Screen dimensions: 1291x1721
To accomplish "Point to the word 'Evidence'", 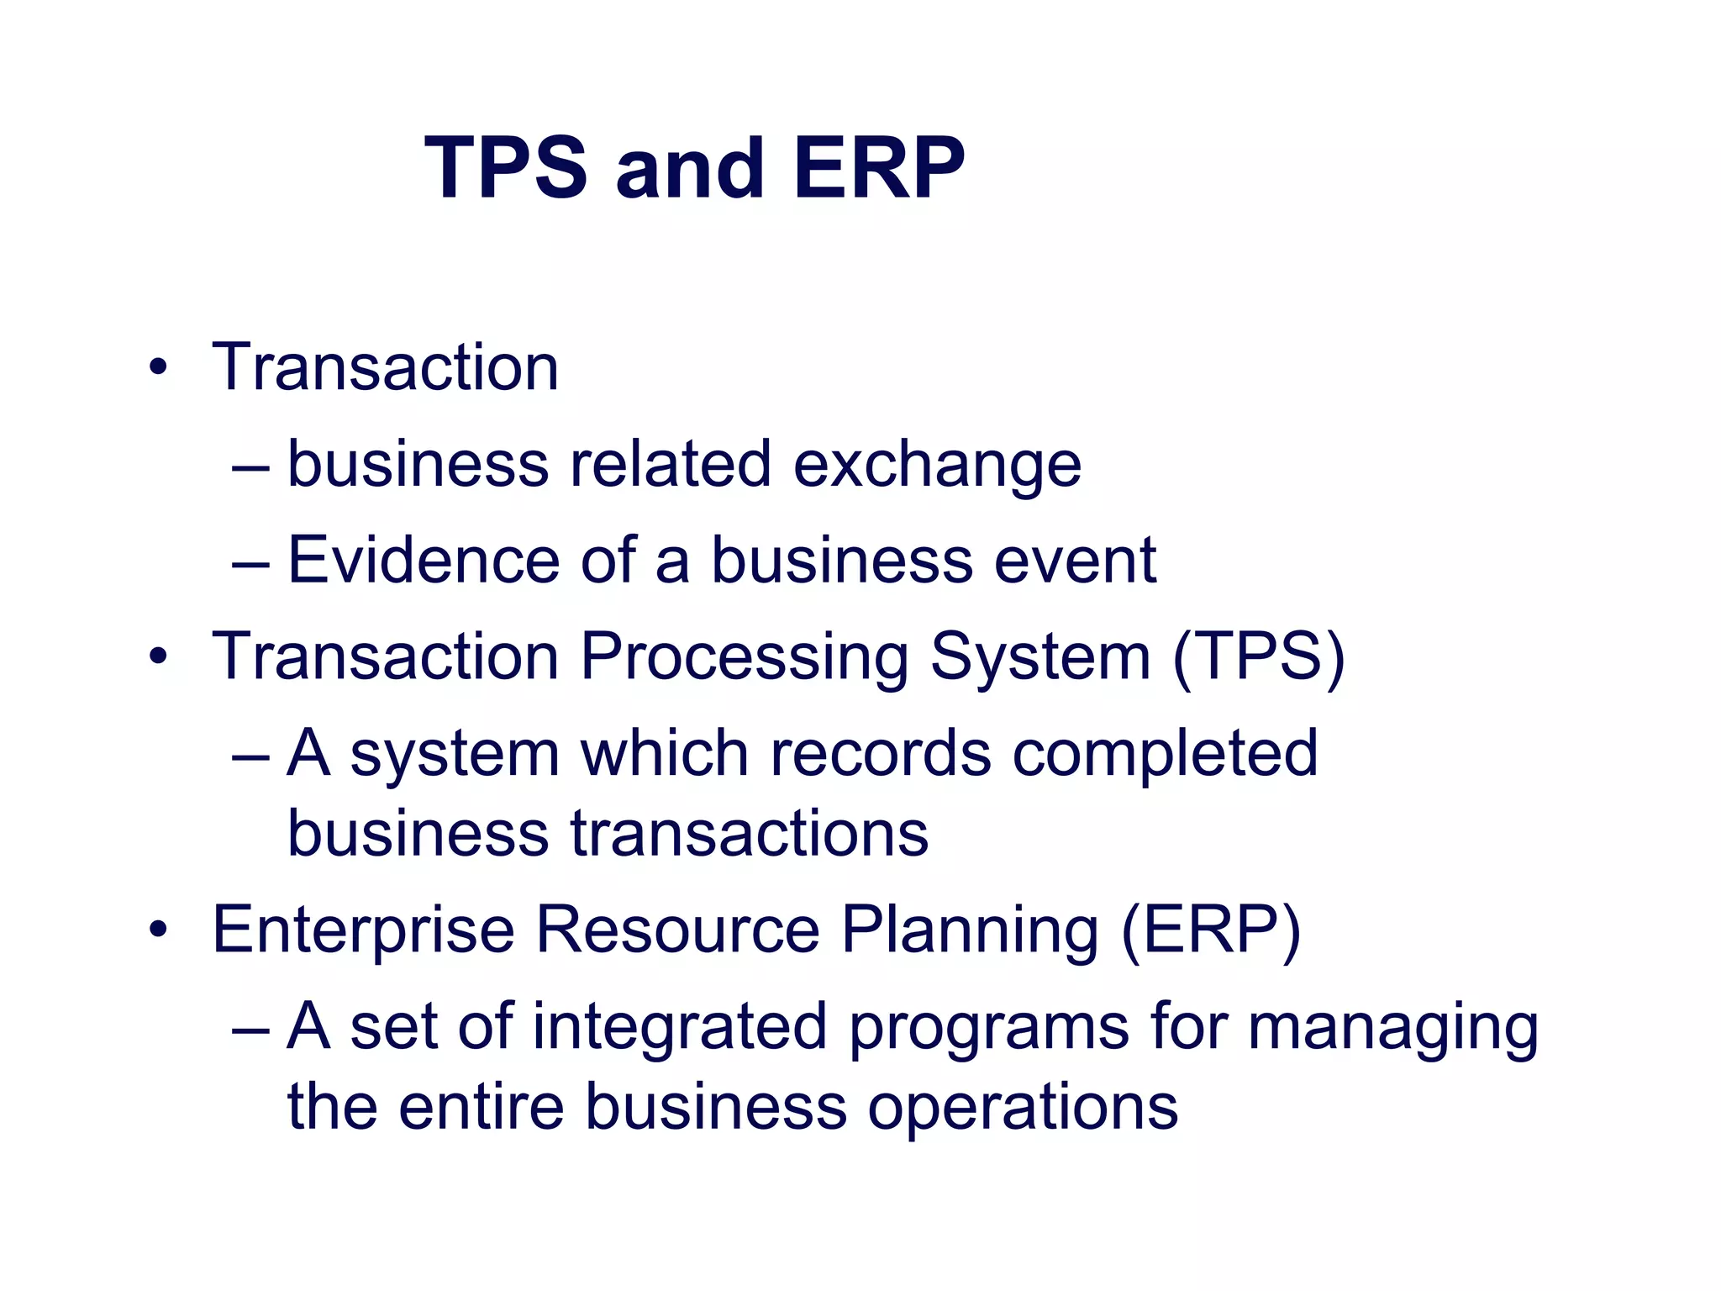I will [424, 560].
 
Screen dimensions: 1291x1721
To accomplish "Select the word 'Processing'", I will [745, 657].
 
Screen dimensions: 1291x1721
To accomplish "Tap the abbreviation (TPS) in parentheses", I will [1258, 657].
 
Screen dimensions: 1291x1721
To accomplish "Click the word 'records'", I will [880, 753].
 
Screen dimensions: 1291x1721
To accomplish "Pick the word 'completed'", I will [1165, 755].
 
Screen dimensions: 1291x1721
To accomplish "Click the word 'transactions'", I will [750, 834].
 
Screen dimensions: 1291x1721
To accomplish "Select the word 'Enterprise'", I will [363, 931].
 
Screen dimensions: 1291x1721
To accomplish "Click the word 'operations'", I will [1022, 1109].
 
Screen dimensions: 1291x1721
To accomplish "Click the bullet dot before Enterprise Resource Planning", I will [157, 930].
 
